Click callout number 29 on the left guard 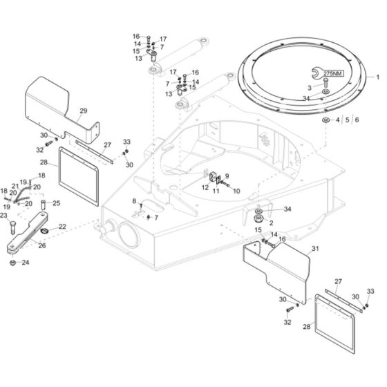pyautogui.click(x=84, y=111)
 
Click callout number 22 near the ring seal pyautogui.click(x=62, y=227)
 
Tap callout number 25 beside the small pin pyautogui.click(x=57, y=202)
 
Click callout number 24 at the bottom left pyautogui.click(x=26, y=263)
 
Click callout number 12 pyautogui.click(x=205, y=187)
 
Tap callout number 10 pyautogui.click(x=237, y=191)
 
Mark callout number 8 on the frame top pyautogui.click(x=134, y=200)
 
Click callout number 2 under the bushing pyautogui.click(x=272, y=223)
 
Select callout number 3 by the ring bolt pyautogui.click(x=310, y=88)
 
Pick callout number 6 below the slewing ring pyautogui.click(x=356, y=120)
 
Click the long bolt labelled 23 pyautogui.click(x=14, y=228)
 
